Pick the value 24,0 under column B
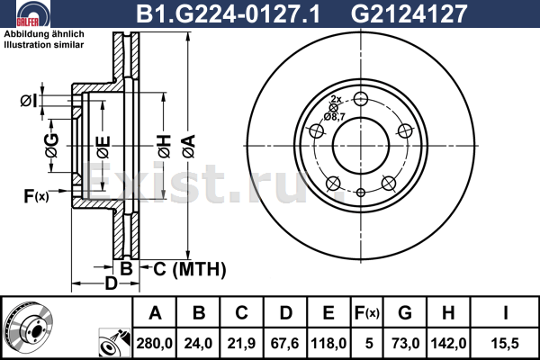199,342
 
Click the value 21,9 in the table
241,342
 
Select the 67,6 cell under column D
285,342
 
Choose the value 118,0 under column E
328,342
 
